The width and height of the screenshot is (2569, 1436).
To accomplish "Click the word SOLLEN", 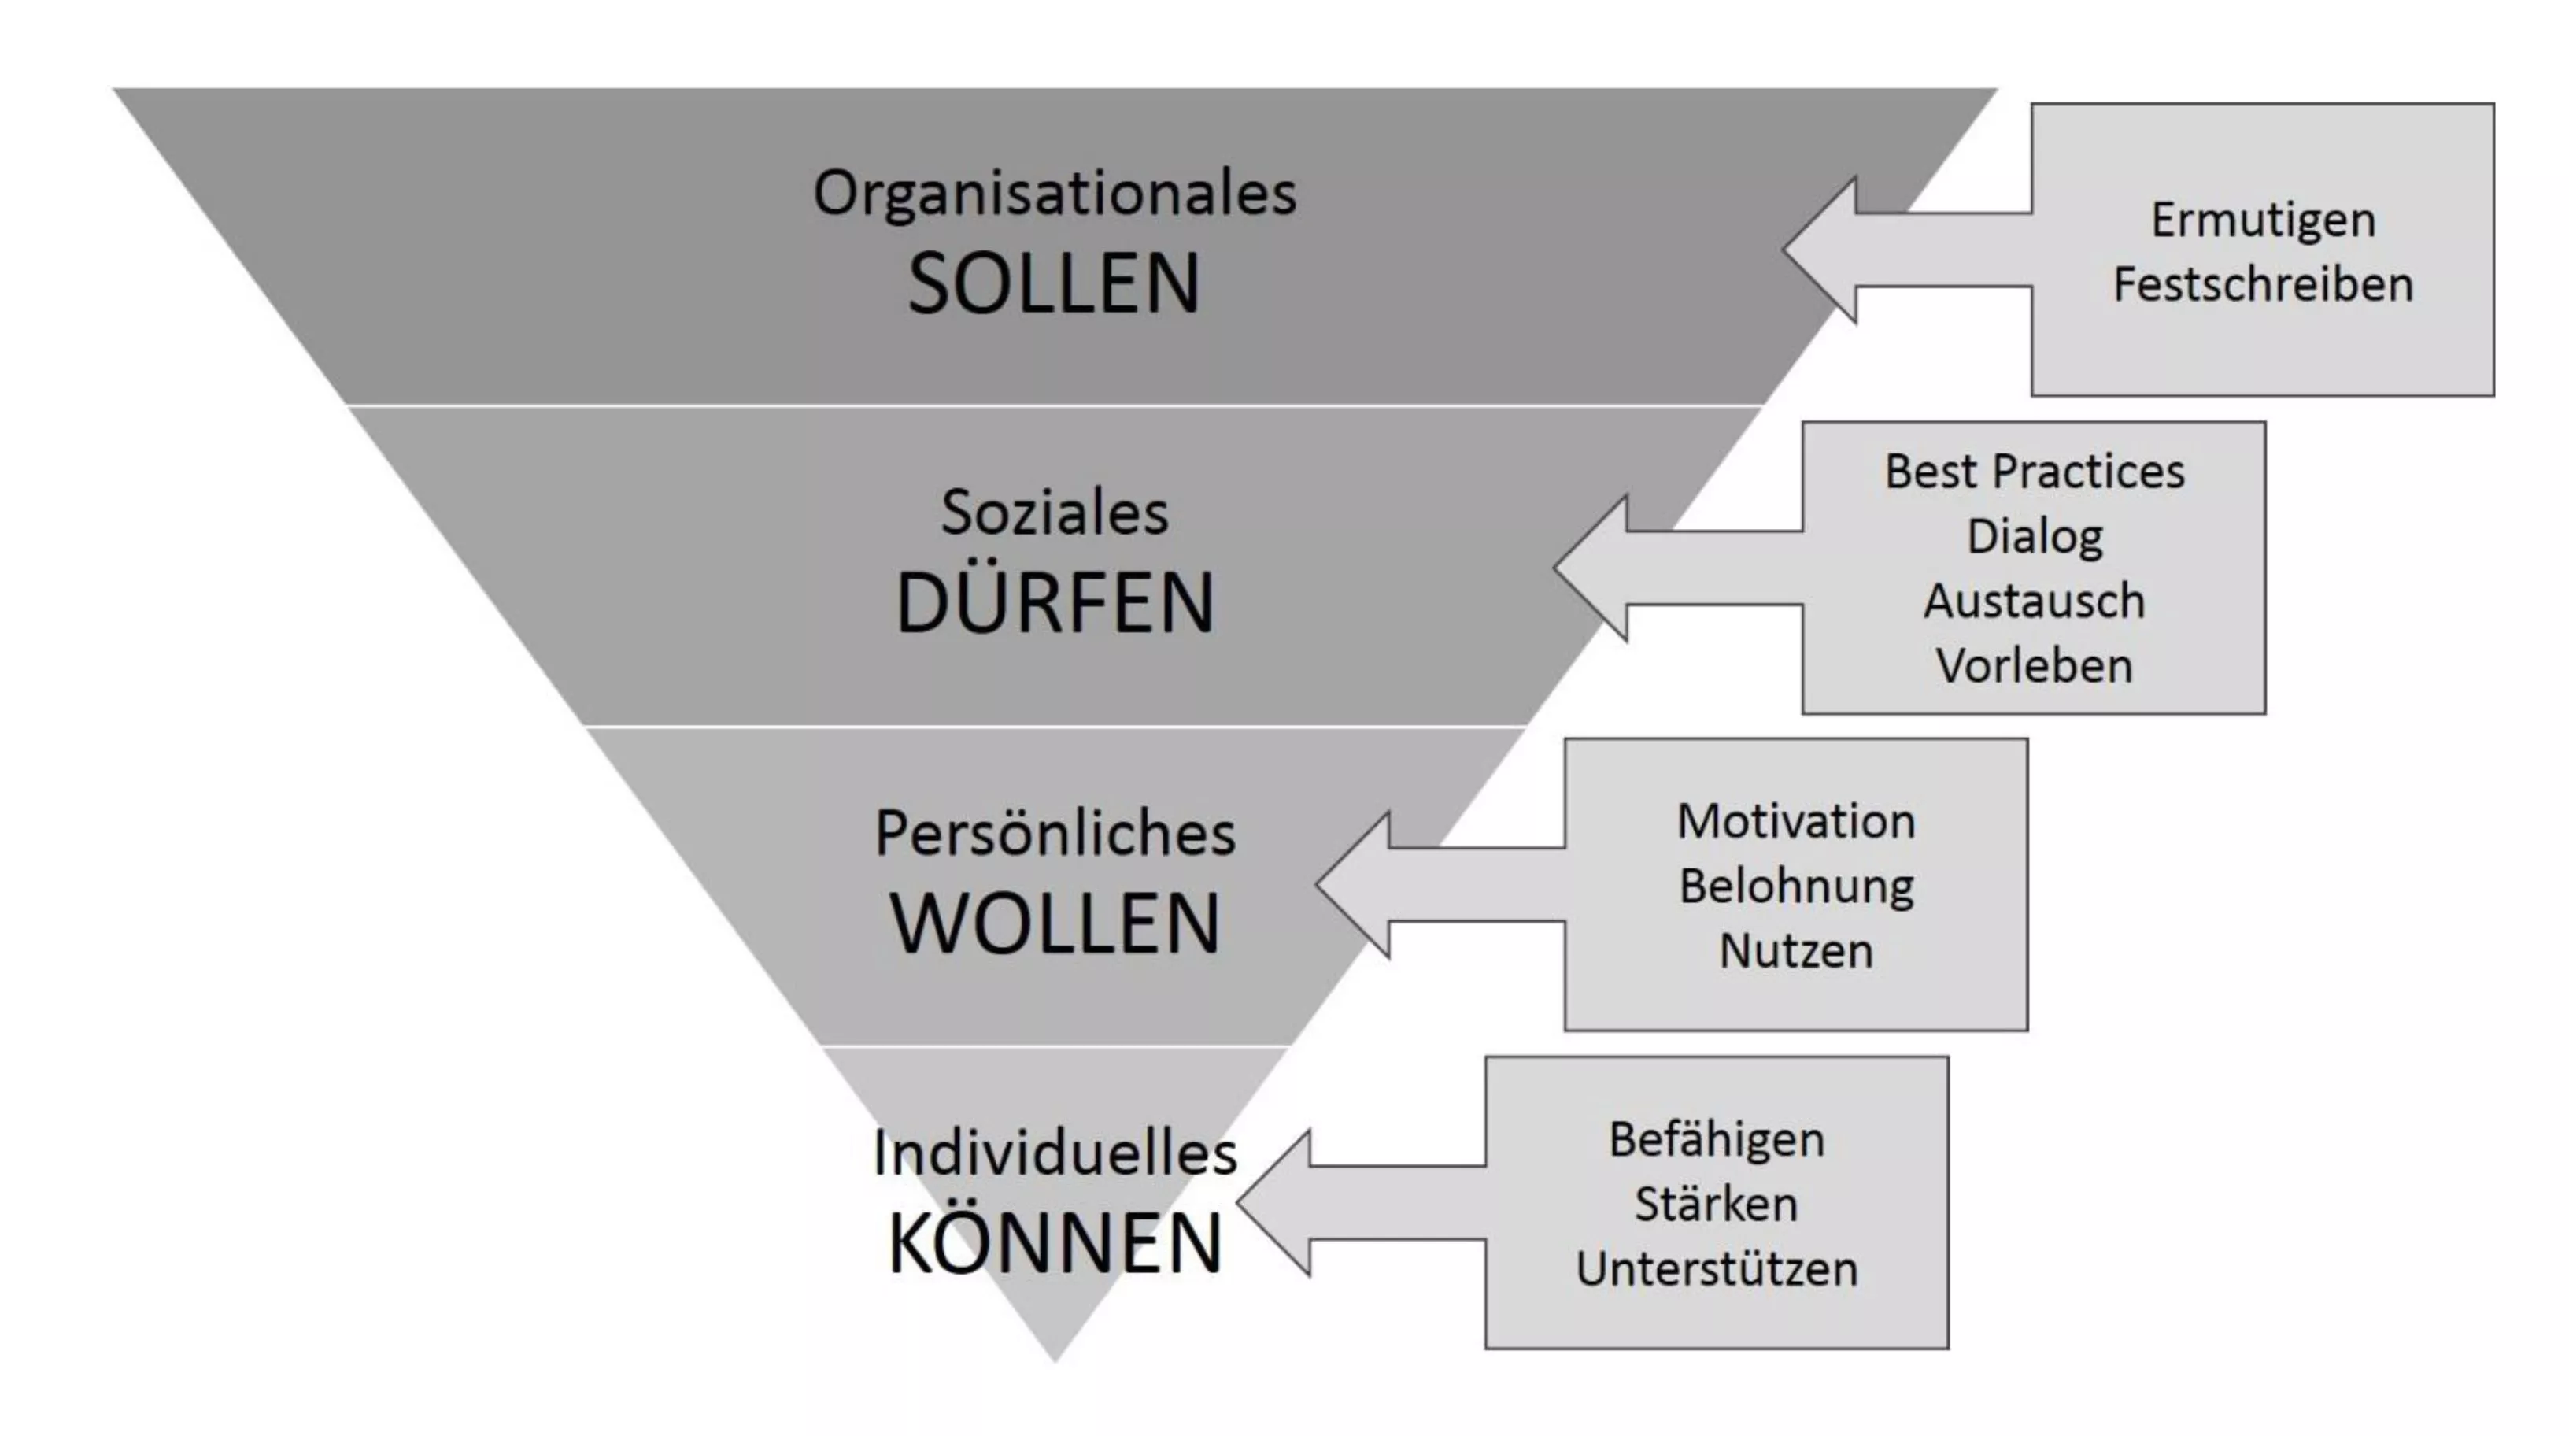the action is (x=1054, y=283).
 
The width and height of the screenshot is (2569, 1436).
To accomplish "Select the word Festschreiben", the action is (x=2264, y=284).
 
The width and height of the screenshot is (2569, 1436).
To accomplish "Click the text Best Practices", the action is (x=2035, y=471).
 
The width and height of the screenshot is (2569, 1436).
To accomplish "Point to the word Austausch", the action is (x=2035, y=601).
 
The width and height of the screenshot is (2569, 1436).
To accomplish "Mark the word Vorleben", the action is (x=2035, y=665).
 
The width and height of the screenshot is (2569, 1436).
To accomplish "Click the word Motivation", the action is (x=1796, y=822).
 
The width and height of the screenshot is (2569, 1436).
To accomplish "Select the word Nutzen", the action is (x=1796, y=950).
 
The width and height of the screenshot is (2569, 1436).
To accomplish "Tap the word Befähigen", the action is (x=1717, y=1140).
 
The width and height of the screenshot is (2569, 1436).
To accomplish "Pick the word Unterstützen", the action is (x=1717, y=1268).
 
